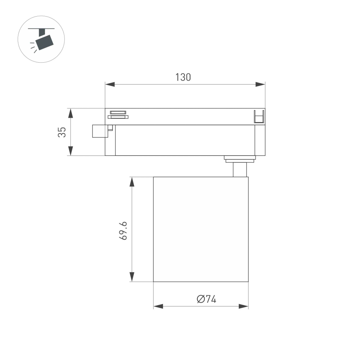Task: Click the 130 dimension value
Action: click(x=183, y=77)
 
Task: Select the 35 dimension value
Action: click(x=62, y=132)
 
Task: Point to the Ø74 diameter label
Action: click(x=207, y=299)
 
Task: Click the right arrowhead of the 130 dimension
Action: click(x=260, y=84)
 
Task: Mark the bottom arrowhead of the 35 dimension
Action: click(x=71, y=151)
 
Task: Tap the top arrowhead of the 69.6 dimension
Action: click(x=132, y=182)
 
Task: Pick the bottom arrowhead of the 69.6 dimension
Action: click(x=132, y=277)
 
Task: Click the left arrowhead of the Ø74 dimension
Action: click(x=158, y=306)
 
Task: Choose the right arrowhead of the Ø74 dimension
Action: click(x=244, y=306)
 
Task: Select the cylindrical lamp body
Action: click(x=201, y=229)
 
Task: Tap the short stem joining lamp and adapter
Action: click(x=240, y=170)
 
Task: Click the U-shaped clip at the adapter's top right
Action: click(x=259, y=117)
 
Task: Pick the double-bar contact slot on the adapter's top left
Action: click(x=118, y=114)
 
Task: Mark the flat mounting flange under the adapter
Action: click(x=240, y=158)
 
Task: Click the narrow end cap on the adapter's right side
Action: click(x=260, y=140)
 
